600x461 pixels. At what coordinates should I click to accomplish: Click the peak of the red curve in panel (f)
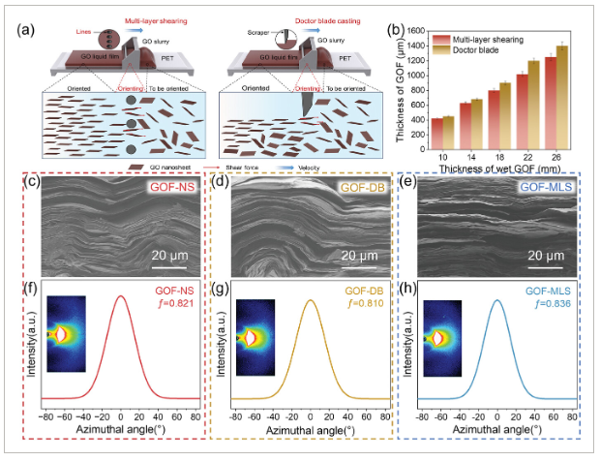point(120,296)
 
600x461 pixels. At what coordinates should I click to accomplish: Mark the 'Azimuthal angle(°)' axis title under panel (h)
point(497,428)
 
